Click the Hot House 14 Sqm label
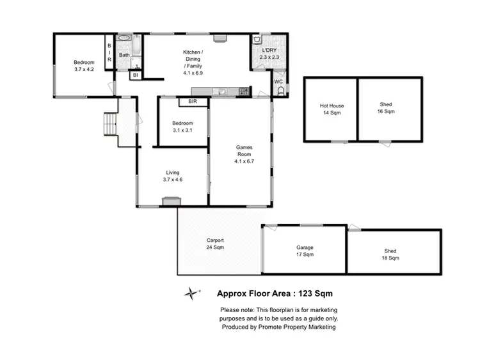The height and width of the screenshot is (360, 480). tap(332, 109)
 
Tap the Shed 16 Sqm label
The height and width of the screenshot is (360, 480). tap(386, 108)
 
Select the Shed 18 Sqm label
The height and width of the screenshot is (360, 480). tap(390, 254)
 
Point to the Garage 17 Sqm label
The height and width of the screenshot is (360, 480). tap(305, 251)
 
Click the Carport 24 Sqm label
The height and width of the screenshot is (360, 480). tap(214, 243)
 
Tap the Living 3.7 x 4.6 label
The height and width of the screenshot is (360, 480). tap(173, 176)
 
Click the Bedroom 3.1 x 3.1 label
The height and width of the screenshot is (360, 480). tap(182, 127)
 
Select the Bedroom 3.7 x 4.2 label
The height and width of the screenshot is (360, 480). tap(84, 66)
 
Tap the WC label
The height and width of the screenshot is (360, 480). tap(278, 82)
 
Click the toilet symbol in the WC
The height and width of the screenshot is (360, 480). tap(279, 91)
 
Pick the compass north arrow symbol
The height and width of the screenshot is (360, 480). tap(191, 293)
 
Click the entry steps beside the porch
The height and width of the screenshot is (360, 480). tap(111, 123)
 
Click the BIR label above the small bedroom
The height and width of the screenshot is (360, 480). tap(193, 102)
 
